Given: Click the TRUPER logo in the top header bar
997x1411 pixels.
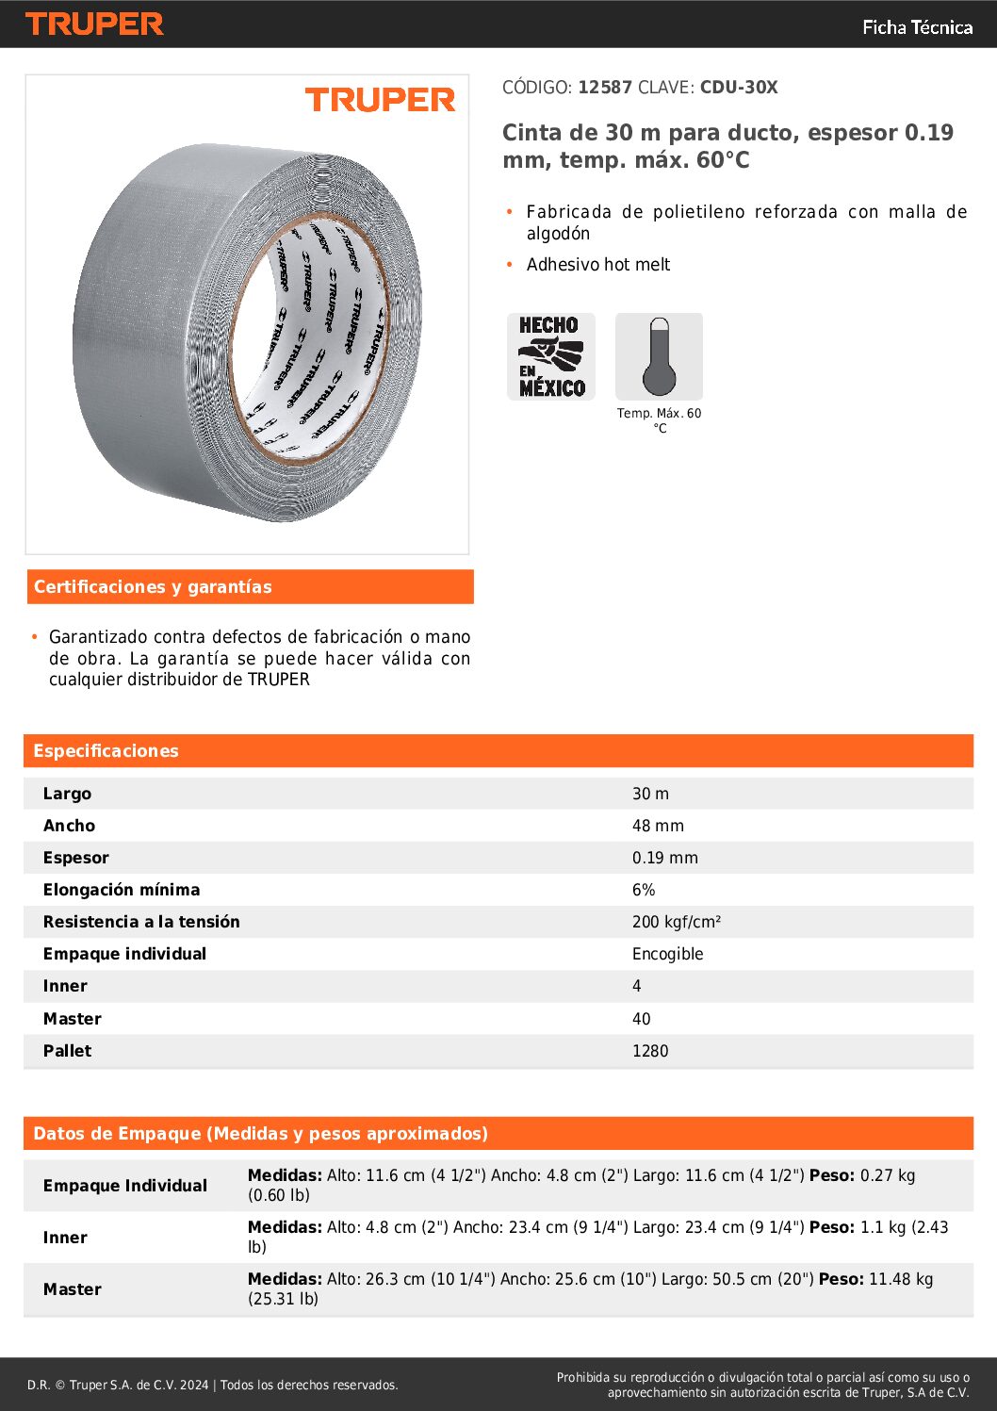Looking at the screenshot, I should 94,24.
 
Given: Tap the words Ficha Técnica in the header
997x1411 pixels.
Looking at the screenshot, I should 917,27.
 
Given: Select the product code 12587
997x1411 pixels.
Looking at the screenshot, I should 605,88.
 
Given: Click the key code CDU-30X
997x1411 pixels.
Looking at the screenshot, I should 739,88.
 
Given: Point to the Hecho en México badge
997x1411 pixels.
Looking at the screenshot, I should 551,356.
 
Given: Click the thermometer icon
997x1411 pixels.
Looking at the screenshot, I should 659,356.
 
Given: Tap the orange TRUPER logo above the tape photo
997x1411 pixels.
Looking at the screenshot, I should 380,100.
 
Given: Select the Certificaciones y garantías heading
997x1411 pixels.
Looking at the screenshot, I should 153,587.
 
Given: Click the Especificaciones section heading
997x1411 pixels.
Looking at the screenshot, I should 106,751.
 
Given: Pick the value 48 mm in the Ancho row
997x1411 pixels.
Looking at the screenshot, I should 658,826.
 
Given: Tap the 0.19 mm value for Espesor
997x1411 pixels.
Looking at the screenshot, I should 664,858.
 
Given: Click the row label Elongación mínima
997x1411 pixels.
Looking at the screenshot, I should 122,890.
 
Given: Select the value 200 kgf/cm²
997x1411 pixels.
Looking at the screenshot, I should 676,922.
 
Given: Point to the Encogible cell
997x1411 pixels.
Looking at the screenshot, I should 667,954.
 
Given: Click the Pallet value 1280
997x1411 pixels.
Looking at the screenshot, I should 649,1051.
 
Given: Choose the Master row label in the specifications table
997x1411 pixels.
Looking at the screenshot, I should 72,1019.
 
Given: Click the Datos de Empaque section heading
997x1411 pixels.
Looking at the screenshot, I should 260,1134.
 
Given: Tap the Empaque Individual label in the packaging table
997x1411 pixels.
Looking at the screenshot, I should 125,1186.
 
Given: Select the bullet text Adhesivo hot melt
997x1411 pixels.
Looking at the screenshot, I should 597,265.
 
